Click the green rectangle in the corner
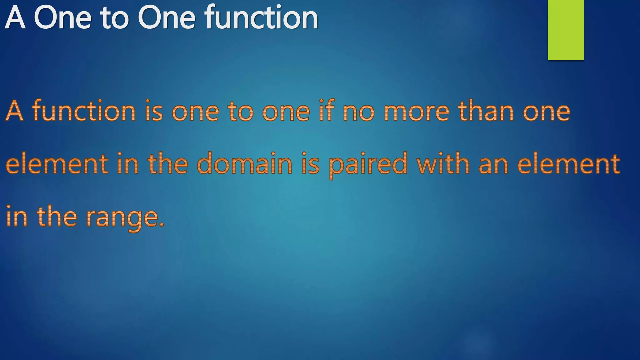click(566, 30)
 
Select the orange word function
click(84, 111)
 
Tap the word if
click(327, 111)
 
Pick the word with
click(443, 163)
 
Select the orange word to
click(241, 111)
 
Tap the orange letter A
click(15, 111)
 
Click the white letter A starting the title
click(15, 18)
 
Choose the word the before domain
click(167, 164)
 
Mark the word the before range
click(57, 216)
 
